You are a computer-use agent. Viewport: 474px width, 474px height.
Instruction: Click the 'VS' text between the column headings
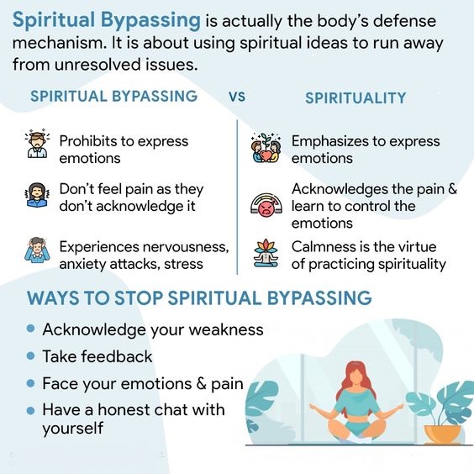pos(237,97)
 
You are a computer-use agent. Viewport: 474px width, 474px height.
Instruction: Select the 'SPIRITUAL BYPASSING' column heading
pos(113,96)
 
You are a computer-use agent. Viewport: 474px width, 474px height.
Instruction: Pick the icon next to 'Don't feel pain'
pos(36,197)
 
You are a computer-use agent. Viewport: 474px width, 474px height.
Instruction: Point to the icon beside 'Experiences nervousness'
pos(36,250)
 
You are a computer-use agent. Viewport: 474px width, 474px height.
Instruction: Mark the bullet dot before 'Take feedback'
pos(31,356)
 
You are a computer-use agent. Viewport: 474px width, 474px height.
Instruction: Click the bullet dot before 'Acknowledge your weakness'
pos(31,329)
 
